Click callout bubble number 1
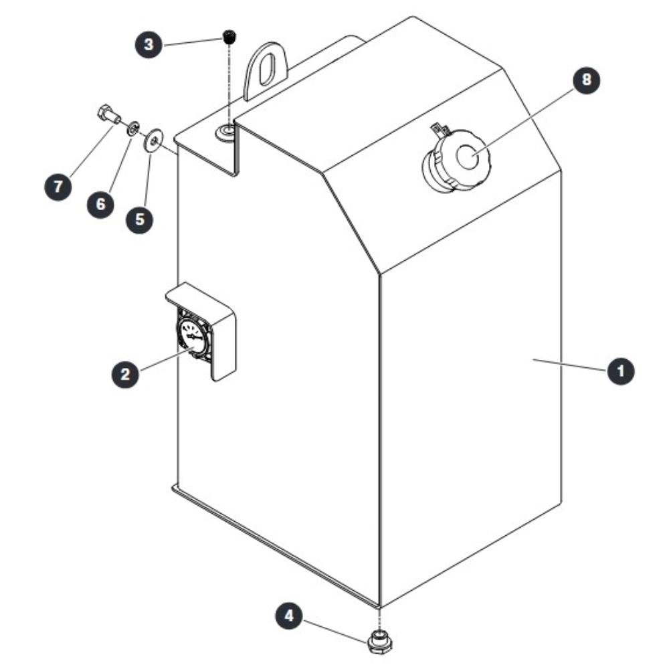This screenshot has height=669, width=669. coord(620,371)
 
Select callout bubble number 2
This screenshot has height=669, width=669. coord(125,374)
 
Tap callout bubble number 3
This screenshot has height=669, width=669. coord(149,44)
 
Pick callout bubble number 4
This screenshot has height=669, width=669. coord(289,615)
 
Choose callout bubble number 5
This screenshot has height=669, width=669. coord(140,219)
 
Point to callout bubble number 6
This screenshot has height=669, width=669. coord(101,204)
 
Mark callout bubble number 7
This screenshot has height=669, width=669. coord(58,186)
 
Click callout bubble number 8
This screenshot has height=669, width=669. coord(586,80)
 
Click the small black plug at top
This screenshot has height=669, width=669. coord(230,36)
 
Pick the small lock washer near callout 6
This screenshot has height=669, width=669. coord(132,128)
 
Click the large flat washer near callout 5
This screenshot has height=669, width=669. coord(153,140)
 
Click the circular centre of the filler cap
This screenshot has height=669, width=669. coord(468,155)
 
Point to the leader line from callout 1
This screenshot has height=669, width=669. coord(569,365)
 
